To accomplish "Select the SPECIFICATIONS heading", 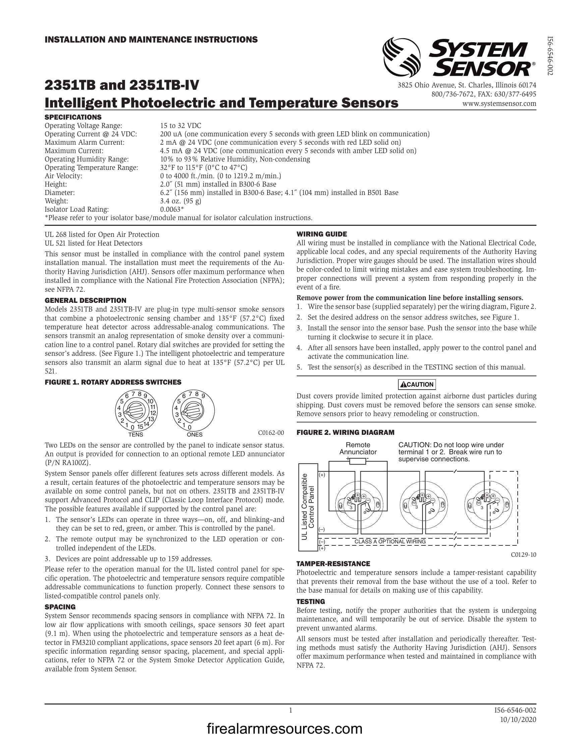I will (73, 117).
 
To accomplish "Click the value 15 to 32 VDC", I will (180, 126).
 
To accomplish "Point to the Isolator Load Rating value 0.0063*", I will (172, 209).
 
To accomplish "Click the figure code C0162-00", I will (271, 432).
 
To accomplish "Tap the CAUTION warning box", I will (417, 384).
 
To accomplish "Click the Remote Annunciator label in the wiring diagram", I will (358, 448).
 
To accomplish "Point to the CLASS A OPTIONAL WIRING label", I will (390, 542).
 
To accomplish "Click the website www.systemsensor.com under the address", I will (499, 104).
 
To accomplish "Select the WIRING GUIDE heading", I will (322, 234).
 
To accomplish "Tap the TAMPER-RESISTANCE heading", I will (333, 563).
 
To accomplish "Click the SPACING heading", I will (60, 607).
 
